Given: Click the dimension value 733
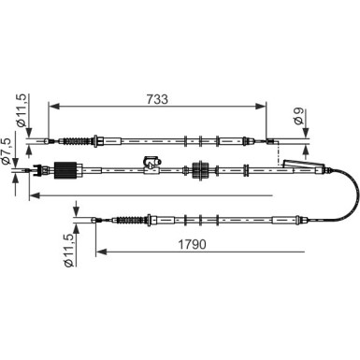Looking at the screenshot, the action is (157, 99).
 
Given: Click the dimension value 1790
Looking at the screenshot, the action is (192, 244).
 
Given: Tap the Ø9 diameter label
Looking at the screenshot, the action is (298, 116).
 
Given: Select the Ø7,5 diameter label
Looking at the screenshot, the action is (7, 151).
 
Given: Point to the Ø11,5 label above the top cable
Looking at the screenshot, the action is (23, 110).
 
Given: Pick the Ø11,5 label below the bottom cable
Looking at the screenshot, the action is (68, 251).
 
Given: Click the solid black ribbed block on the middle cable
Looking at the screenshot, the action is (65, 170).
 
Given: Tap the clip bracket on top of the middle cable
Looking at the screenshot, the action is (151, 163).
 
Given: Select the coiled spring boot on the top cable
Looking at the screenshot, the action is (77, 141).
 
